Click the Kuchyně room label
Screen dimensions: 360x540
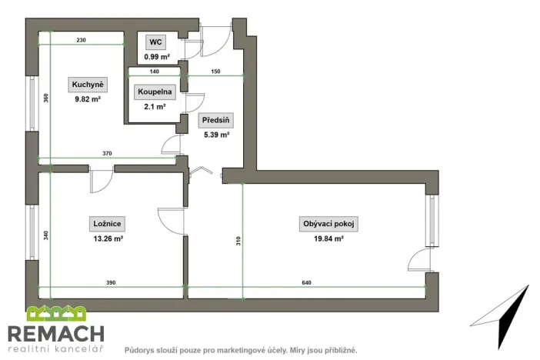tap(88, 84)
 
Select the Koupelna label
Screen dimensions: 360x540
tap(155, 92)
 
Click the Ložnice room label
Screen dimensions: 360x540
tap(108, 224)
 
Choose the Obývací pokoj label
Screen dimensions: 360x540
tap(328, 224)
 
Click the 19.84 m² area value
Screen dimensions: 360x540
tap(328, 238)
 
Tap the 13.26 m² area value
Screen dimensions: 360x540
tap(108, 238)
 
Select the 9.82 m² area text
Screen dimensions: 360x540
tap(88, 98)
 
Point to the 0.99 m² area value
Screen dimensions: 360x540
tap(157, 57)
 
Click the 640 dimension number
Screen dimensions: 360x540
tap(307, 283)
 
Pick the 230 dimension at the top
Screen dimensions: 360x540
tap(82, 39)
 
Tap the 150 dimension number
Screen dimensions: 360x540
tap(216, 71)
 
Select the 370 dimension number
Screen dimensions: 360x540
tap(108, 154)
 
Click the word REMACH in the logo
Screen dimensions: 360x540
tap(55, 334)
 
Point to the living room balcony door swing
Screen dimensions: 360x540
tap(419, 260)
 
